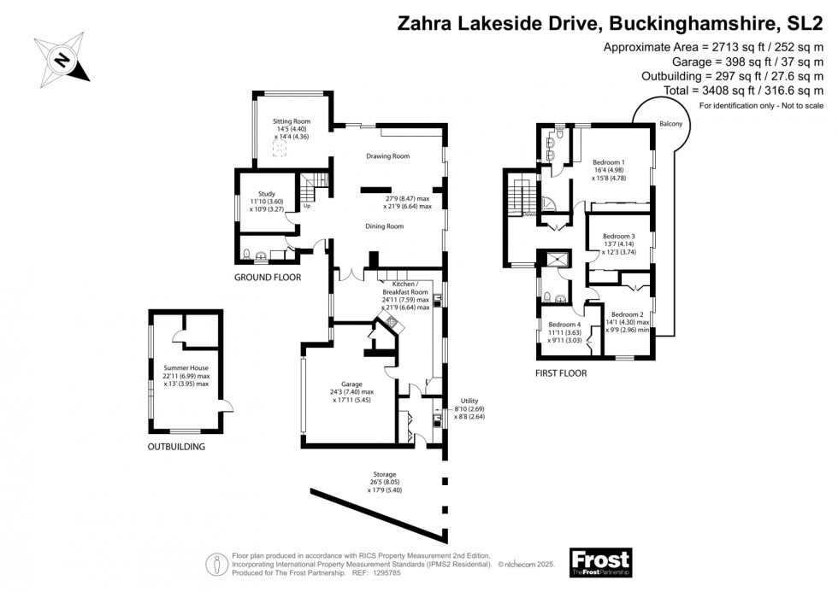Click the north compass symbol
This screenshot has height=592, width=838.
tap(62, 61)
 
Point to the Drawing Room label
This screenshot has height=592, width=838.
tap(387, 156)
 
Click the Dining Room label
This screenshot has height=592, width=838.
tap(384, 226)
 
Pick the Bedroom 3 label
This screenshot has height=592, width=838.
tap(619, 236)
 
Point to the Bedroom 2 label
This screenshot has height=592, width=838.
tap(628, 314)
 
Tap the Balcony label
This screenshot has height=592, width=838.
tap(671, 124)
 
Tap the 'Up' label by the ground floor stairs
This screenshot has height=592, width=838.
tap(306, 206)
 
